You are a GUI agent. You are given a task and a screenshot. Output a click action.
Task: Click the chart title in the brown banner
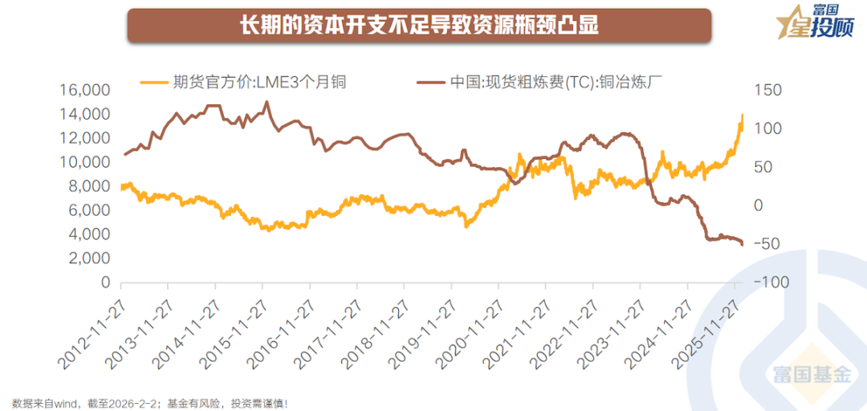419,26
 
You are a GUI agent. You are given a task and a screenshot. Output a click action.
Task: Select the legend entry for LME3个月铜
244,81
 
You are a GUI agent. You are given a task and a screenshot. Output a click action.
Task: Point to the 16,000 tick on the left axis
85,90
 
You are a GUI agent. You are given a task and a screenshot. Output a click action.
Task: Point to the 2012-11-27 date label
90,337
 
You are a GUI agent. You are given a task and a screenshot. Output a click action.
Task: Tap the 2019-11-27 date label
421,337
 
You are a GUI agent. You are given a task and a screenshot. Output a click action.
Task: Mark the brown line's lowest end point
742,244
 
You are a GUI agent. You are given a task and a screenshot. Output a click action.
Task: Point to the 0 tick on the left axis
105,283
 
